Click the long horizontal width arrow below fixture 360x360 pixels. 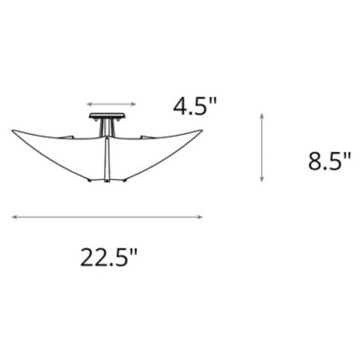(x=107, y=216)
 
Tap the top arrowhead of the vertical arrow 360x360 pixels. (x=261, y=116)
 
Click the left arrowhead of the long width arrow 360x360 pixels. (x=15, y=216)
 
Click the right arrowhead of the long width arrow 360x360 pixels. (x=200, y=216)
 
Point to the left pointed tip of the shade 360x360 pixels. (x=14, y=129)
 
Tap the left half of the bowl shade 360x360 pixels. (x=67, y=148)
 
